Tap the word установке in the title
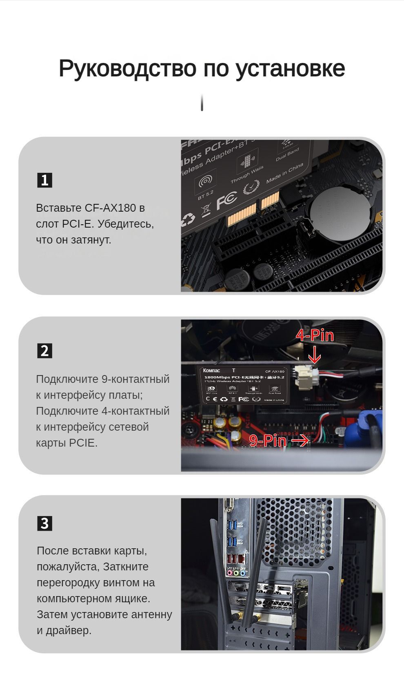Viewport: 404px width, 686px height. (290, 68)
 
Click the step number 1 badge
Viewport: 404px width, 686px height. (44, 180)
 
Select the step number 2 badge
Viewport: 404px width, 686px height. (44, 351)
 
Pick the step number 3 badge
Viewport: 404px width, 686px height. (44, 523)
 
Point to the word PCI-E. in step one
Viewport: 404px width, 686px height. (78, 224)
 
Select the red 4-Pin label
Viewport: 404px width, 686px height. (315, 336)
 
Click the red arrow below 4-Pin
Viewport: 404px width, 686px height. (314, 355)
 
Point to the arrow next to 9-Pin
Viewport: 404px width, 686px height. (300, 440)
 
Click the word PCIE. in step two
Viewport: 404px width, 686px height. (83, 443)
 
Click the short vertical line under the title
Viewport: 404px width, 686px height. (202, 102)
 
